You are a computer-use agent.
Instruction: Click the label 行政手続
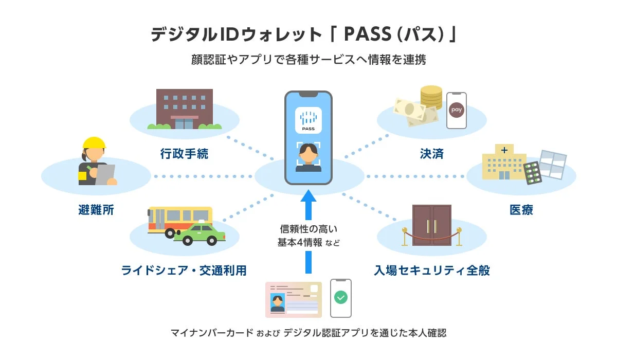(x=184, y=154)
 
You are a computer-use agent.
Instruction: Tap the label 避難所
(x=96, y=210)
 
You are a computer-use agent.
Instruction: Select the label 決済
(x=431, y=154)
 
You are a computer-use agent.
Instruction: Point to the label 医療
(x=521, y=210)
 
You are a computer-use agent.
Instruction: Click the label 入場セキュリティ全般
(x=432, y=270)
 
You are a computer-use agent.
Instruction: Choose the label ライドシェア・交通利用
(x=184, y=270)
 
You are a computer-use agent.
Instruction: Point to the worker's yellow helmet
(x=94, y=146)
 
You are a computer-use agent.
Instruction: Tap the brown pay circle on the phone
(x=456, y=110)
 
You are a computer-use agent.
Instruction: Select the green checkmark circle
(x=340, y=297)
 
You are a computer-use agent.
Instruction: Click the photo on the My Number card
(x=278, y=302)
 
